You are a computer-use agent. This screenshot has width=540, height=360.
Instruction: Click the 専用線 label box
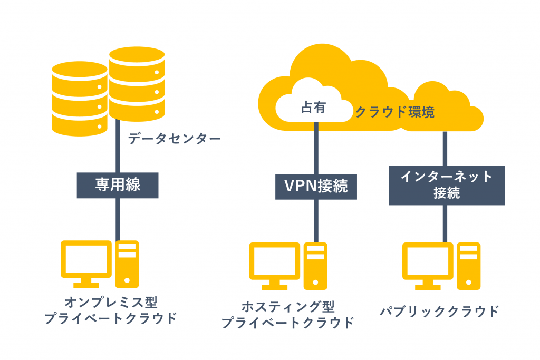pyautogui.click(x=118, y=185)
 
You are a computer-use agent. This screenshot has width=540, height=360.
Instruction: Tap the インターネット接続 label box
pyautogui.click(x=446, y=185)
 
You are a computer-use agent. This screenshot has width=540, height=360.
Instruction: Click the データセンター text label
pyautogui.click(x=174, y=139)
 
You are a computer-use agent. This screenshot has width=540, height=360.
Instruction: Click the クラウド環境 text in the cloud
pyautogui.click(x=395, y=112)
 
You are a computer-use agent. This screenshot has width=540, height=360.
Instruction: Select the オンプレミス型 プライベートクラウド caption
pyautogui.click(x=111, y=310)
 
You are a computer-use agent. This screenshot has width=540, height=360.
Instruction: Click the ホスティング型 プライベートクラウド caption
pyautogui.click(x=287, y=315)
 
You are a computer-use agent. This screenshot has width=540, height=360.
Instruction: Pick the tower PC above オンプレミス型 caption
pyautogui.click(x=127, y=264)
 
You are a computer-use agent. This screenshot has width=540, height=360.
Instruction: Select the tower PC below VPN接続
pyautogui.click(x=315, y=265)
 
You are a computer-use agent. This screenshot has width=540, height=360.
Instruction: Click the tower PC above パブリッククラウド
pyautogui.click(x=469, y=265)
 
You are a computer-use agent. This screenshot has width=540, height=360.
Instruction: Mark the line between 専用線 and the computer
pyautogui.click(x=118, y=219)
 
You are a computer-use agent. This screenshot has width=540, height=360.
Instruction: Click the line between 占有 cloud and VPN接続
pyautogui.click(x=316, y=148)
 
